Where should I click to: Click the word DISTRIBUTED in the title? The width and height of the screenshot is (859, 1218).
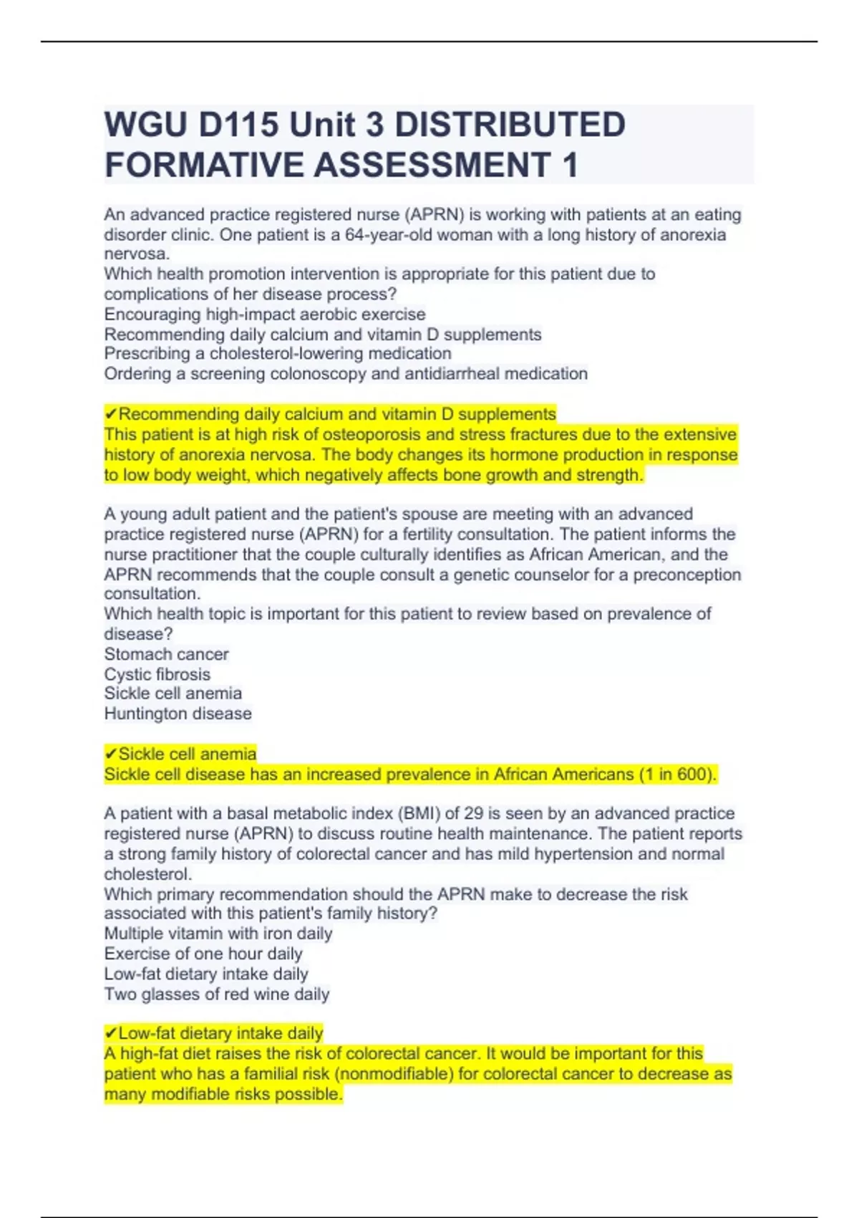point(510,125)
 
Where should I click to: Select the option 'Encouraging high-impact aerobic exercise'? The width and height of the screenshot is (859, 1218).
point(265,315)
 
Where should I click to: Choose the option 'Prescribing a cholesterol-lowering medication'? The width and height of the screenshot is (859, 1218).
point(278,354)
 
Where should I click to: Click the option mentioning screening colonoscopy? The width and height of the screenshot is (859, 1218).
point(346,374)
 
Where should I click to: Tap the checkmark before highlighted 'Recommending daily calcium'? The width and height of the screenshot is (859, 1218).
point(110,414)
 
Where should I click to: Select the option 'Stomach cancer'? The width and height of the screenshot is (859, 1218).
point(166,654)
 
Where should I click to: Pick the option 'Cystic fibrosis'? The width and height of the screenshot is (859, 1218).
point(157,674)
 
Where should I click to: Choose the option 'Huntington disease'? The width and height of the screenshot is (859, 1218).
point(178,714)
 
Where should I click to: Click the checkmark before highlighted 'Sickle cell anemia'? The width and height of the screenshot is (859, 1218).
point(110,754)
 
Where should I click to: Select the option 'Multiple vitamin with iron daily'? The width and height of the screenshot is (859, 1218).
point(218,934)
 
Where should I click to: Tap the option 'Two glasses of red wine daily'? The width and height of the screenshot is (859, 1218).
point(217,994)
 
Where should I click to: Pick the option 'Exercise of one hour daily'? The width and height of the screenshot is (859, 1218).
point(203,954)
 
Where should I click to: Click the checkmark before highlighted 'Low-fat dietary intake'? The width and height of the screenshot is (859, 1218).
point(110,1033)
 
